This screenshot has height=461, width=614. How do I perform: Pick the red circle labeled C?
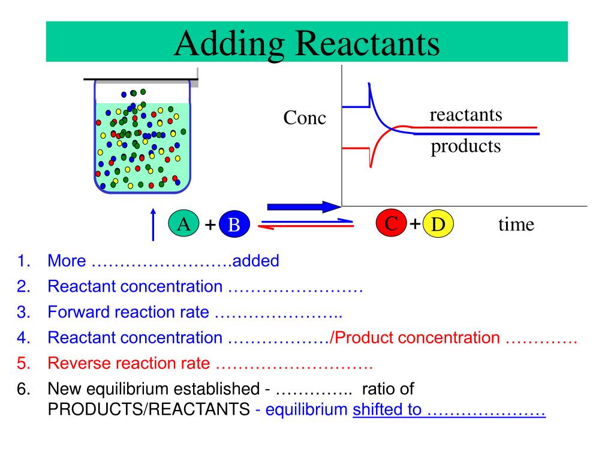click(x=391, y=224)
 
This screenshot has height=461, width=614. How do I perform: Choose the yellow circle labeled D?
click(x=438, y=225)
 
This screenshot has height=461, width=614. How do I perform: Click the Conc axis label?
click(x=305, y=118)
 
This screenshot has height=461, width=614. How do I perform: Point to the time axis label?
click(x=516, y=224)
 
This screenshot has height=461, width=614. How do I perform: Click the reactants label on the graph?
click(x=465, y=114)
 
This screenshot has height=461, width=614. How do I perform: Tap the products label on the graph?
click(x=465, y=146)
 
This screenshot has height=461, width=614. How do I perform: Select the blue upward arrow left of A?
click(x=153, y=224)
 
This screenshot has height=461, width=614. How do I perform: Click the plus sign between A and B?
click(x=210, y=225)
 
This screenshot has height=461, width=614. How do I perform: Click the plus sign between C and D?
click(x=415, y=224)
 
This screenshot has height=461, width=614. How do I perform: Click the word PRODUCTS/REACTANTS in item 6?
click(x=148, y=411)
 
